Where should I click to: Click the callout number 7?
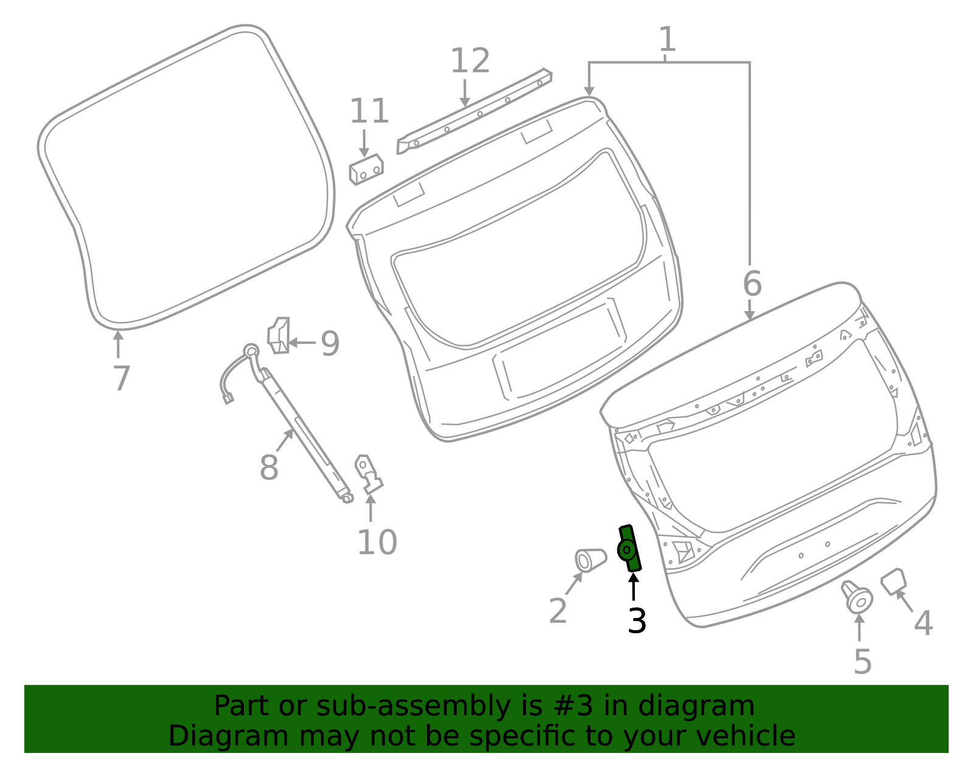click(x=122, y=378)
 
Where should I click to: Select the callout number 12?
click(x=469, y=61)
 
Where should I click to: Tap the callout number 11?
click(x=369, y=112)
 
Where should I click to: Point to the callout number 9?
click(x=330, y=343)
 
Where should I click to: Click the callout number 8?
click(x=269, y=467)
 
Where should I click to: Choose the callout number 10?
click(x=376, y=542)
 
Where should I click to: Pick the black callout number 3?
click(x=637, y=621)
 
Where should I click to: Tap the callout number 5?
click(x=862, y=661)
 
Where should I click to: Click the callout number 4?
click(x=923, y=623)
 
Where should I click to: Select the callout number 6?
click(x=752, y=284)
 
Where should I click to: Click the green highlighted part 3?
click(x=629, y=549)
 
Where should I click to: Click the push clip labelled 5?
click(x=857, y=597)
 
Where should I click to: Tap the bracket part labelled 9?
click(x=279, y=335)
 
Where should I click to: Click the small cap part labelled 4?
click(x=893, y=580)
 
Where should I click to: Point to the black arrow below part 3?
click(x=634, y=586)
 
